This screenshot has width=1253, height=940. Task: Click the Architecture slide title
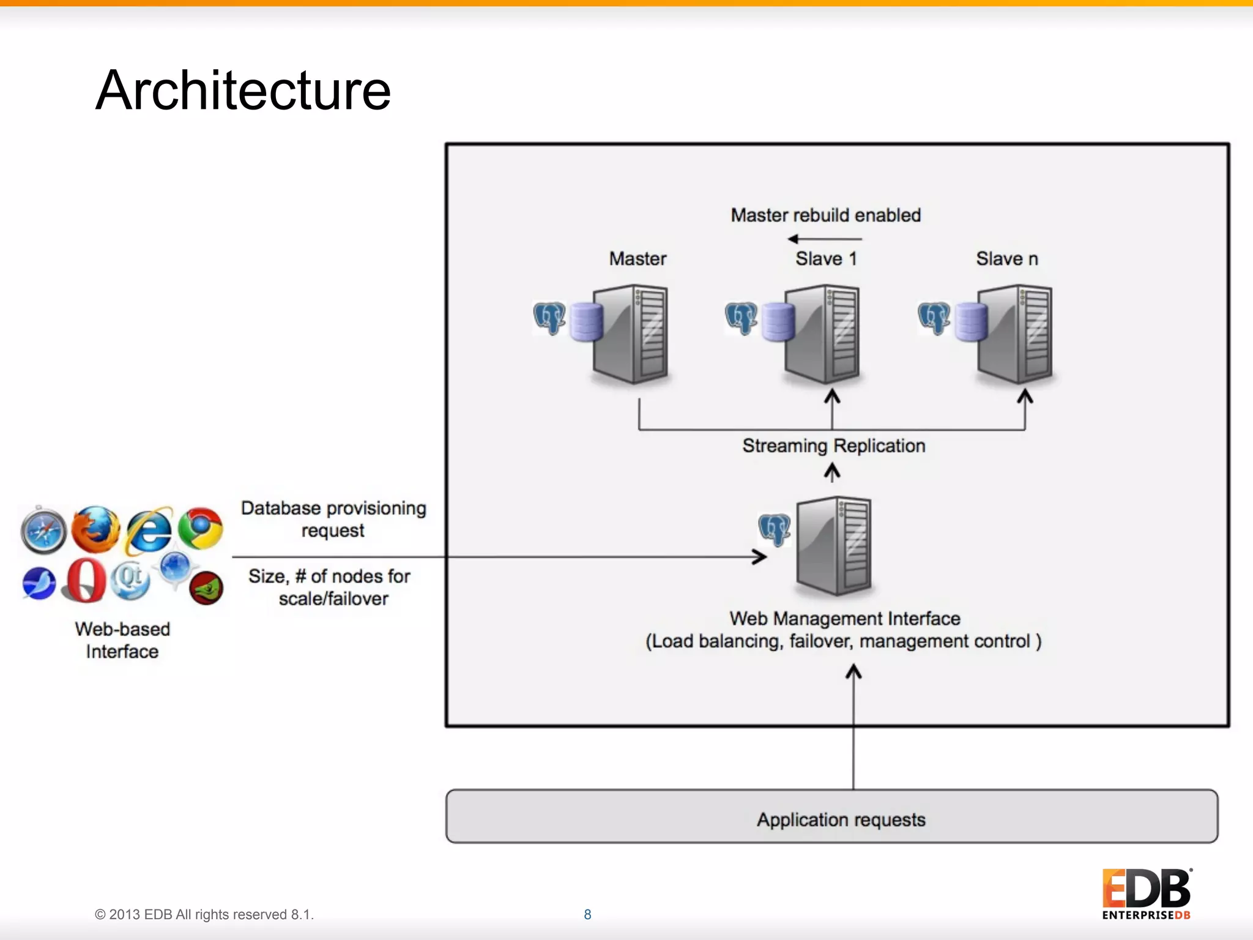coord(243,91)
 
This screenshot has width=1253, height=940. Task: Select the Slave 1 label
coord(825,259)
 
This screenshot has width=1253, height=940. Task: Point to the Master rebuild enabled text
coord(825,215)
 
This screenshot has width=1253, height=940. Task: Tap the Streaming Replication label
coord(833,446)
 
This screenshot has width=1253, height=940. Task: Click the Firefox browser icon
coord(95,529)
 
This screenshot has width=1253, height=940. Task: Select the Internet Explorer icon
coord(149,530)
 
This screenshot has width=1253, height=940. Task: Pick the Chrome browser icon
coord(201,528)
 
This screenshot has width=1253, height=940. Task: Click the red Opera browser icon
coord(84,580)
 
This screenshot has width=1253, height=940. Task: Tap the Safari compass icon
coord(43,531)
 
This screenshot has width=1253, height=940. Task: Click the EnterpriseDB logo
coord(1146,894)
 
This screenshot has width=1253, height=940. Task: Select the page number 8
coord(587,914)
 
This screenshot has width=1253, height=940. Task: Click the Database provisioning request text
coord(333,519)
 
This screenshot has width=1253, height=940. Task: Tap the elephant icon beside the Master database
coord(549,318)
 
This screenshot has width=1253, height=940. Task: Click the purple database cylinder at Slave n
coord(972,322)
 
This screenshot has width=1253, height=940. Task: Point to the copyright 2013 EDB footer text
coord(204,914)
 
